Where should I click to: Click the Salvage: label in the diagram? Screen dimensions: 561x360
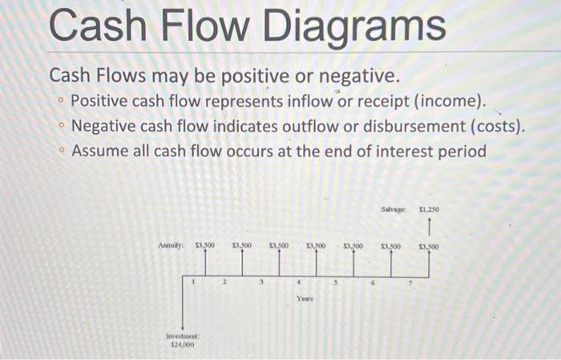point(395,209)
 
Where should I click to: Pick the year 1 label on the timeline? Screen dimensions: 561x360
point(192,280)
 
